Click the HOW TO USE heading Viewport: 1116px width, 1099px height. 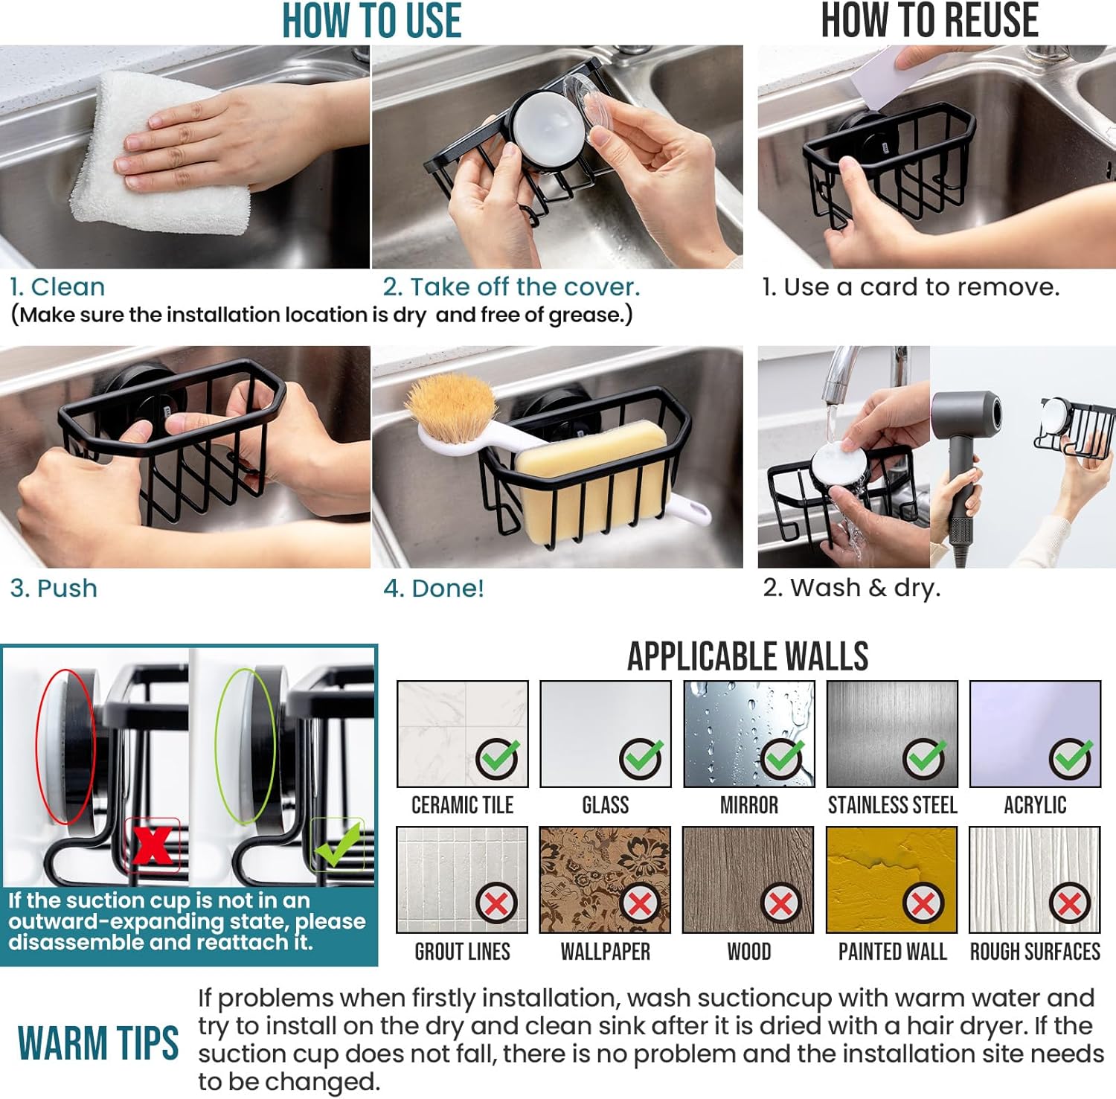tap(371, 20)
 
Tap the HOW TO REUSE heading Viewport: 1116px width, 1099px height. tap(929, 20)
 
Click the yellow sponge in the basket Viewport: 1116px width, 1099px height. tap(591, 476)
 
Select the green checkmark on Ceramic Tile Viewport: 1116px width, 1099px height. tap(498, 759)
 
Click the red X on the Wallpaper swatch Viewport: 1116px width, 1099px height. tap(640, 904)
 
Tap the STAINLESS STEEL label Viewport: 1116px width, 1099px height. tap(892, 805)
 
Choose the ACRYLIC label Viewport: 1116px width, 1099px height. tap(1035, 805)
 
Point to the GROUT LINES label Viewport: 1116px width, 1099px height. tap(462, 952)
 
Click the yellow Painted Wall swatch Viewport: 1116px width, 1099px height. tap(891, 879)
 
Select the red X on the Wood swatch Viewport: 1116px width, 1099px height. tap(780, 904)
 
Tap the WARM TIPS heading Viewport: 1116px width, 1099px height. tap(98, 1042)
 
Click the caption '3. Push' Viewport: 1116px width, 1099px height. tap(54, 589)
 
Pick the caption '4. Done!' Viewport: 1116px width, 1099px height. tap(434, 589)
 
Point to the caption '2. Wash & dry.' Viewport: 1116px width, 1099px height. tap(852, 588)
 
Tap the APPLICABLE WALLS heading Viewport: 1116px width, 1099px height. tap(748, 656)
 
